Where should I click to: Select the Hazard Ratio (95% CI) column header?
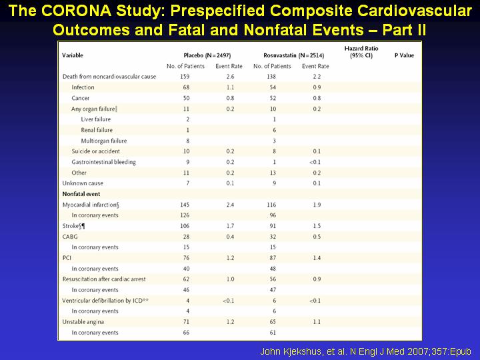[x=361, y=52]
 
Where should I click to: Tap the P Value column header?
[x=404, y=55]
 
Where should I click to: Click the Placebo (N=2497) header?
[x=207, y=55]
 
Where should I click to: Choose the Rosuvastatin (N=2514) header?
[x=293, y=55]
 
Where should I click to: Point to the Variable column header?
[x=73, y=55]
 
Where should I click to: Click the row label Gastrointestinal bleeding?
[x=104, y=162]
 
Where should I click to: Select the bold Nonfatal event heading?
[x=81, y=194]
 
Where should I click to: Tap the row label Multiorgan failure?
[x=104, y=141]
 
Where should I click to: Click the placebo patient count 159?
[x=185, y=77]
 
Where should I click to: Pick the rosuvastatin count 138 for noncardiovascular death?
[x=271, y=77]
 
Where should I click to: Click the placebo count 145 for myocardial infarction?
[x=185, y=205]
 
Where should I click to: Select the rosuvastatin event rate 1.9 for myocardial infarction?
[x=317, y=205]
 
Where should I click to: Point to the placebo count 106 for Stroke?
[x=185, y=226]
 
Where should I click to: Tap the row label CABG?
[x=70, y=237]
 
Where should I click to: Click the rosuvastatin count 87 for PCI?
[x=273, y=258]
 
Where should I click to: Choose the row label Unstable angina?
[x=83, y=322]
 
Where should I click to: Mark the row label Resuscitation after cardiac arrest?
[x=104, y=279]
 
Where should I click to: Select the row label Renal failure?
[x=97, y=130]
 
